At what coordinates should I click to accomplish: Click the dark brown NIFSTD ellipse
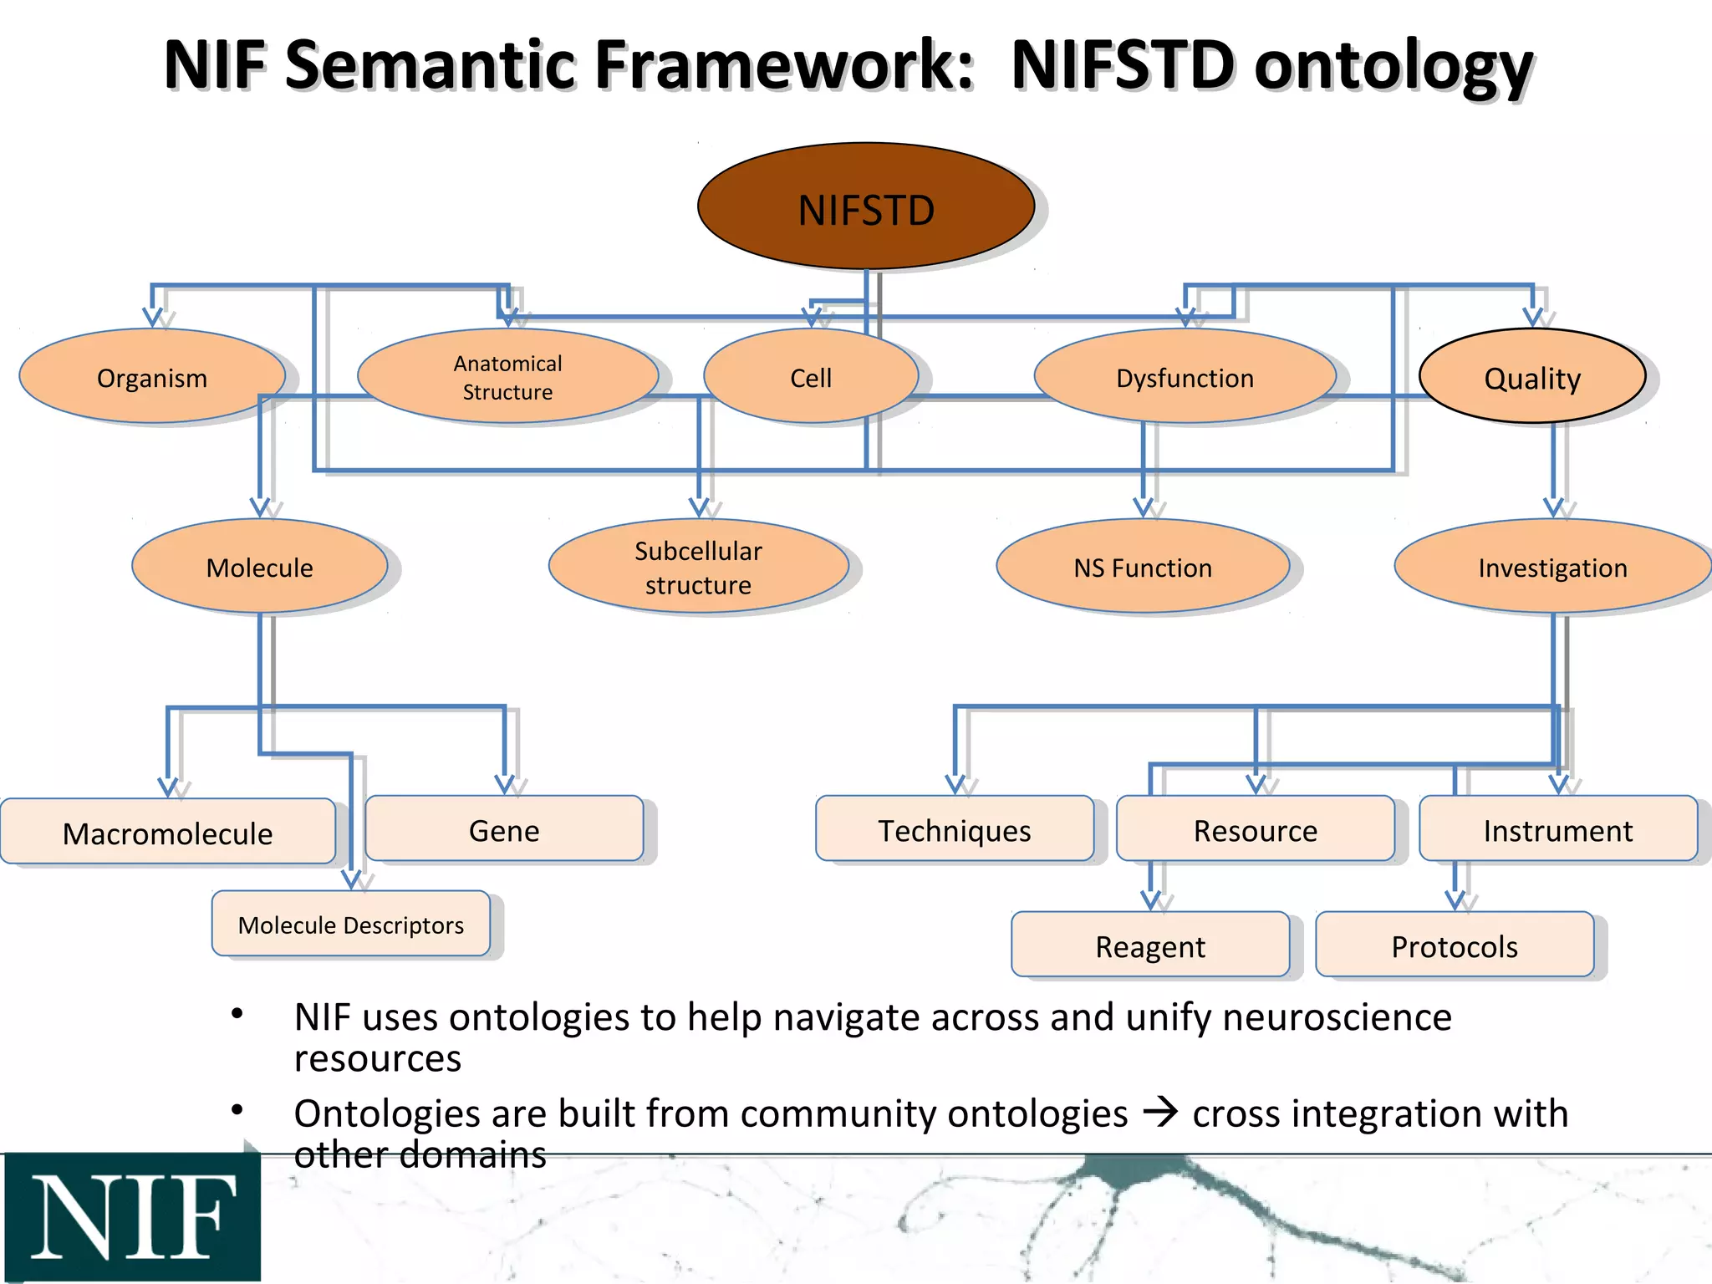point(866,207)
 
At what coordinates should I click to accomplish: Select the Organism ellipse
point(152,377)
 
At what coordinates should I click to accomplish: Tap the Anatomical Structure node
point(507,377)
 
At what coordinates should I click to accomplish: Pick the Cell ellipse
point(810,377)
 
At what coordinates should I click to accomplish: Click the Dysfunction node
point(1185,377)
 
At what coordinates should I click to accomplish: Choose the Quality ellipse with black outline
point(1531,377)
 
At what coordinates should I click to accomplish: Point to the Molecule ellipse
point(259,567)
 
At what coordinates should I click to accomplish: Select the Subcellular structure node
point(698,567)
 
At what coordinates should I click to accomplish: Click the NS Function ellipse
point(1142,567)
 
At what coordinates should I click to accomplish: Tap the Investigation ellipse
point(1552,567)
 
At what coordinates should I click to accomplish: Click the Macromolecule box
point(167,832)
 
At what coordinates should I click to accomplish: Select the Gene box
point(504,829)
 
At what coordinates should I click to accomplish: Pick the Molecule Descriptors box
point(350,924)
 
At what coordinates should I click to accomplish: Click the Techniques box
point(954,829)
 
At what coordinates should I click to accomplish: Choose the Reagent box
point(1149,945)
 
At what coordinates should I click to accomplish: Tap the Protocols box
point(1454,945)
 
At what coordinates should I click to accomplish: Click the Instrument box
point(1557,829)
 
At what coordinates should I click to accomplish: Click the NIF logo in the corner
point(132,1216)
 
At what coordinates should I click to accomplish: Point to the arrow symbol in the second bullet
point(1160,1112)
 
